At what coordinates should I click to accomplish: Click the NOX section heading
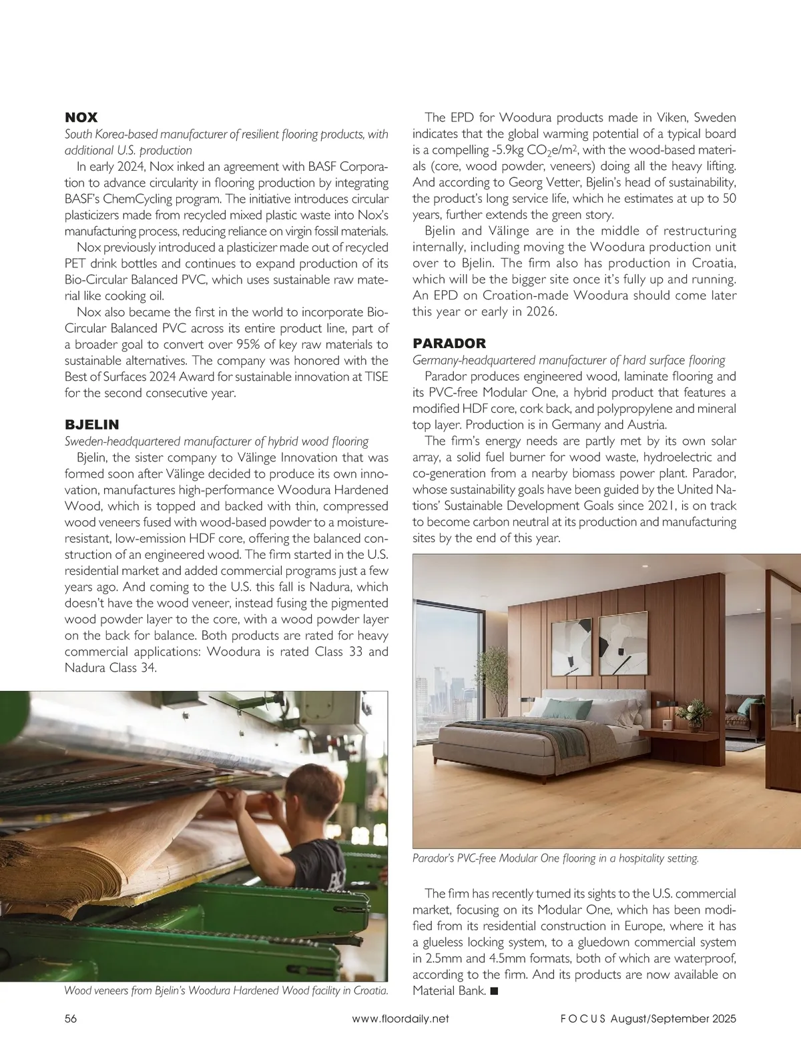[81, 117]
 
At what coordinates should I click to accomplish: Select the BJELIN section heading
[91, 425]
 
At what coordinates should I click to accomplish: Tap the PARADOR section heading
[449, 343]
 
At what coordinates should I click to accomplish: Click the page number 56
[71, 1018]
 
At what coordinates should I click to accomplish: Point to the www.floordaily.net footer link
[400, 1018]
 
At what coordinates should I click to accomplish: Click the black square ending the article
[494, 991]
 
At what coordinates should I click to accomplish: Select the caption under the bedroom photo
[555, 858]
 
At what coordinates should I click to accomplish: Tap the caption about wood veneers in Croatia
[226, 990]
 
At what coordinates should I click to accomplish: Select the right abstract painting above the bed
[623, 644]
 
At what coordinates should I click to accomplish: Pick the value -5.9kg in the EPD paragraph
[513, 150]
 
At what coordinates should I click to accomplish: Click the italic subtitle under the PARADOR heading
[569, 360]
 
